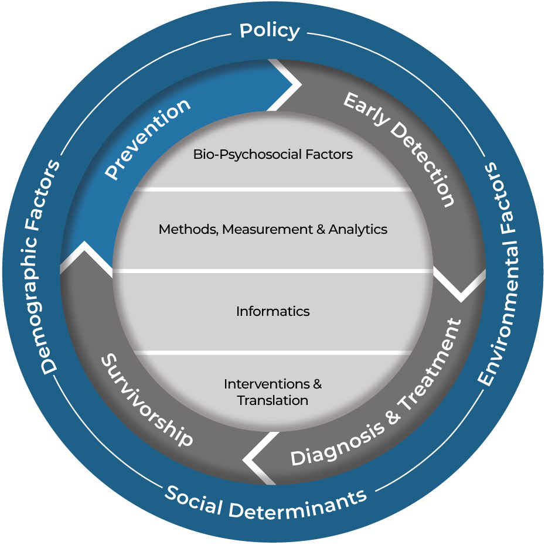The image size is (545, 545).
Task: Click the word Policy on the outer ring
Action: coord(270,30)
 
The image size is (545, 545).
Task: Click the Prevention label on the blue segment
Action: coord(148,139)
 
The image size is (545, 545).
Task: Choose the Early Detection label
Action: coord(399,149)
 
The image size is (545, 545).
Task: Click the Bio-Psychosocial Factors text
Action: coord(273,155)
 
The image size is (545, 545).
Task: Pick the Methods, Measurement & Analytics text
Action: coord(273,230)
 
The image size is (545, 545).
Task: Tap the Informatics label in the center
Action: coord(273,311)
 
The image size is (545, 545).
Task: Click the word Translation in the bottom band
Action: coord(273,401)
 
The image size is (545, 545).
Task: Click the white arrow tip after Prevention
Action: coord(299,85)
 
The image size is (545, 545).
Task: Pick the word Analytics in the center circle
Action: coord(358,230)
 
